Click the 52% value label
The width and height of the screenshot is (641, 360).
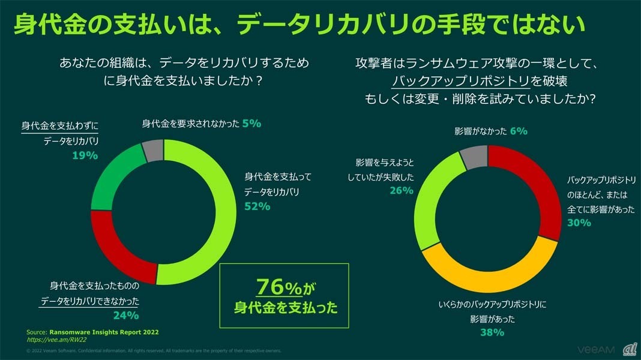click(257, 206)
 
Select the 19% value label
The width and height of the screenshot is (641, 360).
click(85, 155)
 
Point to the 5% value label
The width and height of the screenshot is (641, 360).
click(251, 124)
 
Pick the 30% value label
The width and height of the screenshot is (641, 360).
click(579, 222)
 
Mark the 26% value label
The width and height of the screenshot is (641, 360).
click(401, 190)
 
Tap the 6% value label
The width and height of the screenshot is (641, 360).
click(519, 131)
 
